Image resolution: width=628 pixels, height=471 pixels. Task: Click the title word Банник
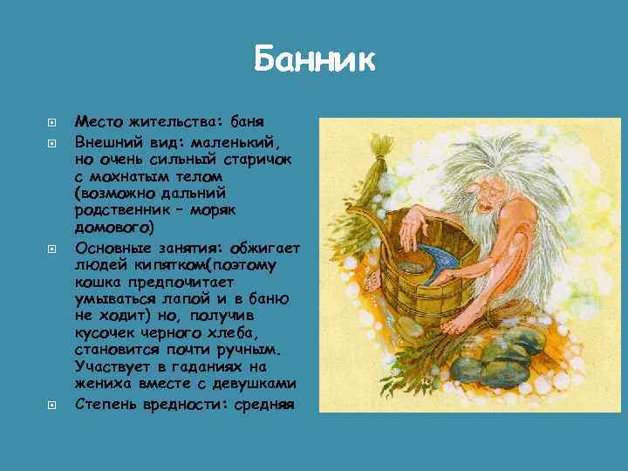tap(314, 61)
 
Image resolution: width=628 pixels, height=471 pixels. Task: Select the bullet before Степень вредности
tap(51, 405)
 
